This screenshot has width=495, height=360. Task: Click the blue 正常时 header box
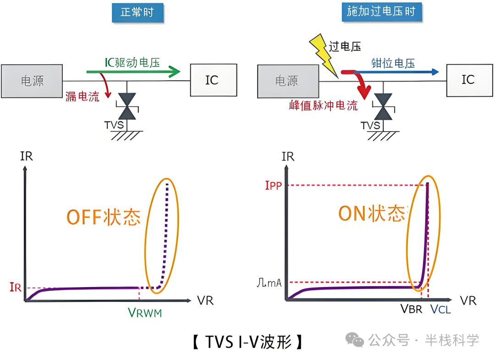pos(137,12)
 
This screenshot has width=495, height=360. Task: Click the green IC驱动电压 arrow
pos(133,72)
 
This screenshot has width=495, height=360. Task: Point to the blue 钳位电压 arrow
pos(394,72)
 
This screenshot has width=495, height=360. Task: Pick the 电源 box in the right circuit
pos(287,81)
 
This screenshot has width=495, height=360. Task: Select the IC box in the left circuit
pos(213,80)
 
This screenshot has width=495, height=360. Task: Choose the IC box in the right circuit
pos(467,80)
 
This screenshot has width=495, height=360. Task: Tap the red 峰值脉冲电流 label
pos(323,105)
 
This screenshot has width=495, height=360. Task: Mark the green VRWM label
pos(145,313)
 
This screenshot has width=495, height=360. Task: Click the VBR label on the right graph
pos(411,309)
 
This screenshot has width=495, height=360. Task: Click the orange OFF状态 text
pos(104,217)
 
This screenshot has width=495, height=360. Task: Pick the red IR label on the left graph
pos(15,288)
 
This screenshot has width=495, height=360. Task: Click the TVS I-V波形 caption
pos(247,342)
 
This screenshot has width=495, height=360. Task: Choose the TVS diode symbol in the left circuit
pos(127,106)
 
